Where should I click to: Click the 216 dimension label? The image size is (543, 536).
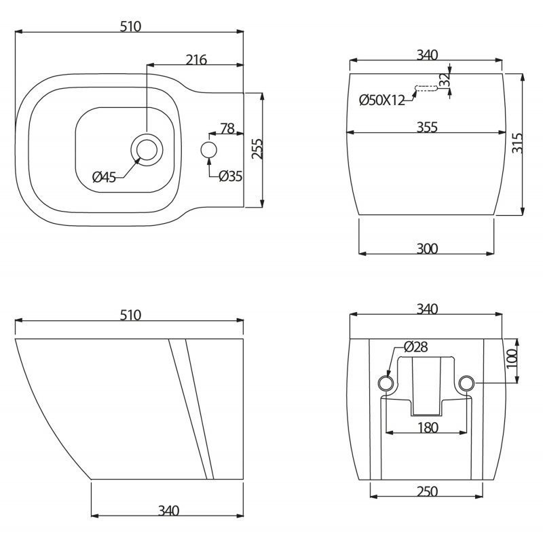pos(196,60)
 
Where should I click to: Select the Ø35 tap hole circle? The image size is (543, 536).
pos(209,150)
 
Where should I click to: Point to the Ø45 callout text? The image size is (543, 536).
pos(104,178)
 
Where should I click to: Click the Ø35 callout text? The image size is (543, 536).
pos(231,176)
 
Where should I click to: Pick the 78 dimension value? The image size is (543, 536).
pos(227,128)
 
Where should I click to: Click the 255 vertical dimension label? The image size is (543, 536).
pos(257,149)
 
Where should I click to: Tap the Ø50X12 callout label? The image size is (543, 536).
pos(382,100)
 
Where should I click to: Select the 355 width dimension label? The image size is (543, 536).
pos(427,127)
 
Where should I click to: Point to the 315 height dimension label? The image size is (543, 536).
pos(517,142)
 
